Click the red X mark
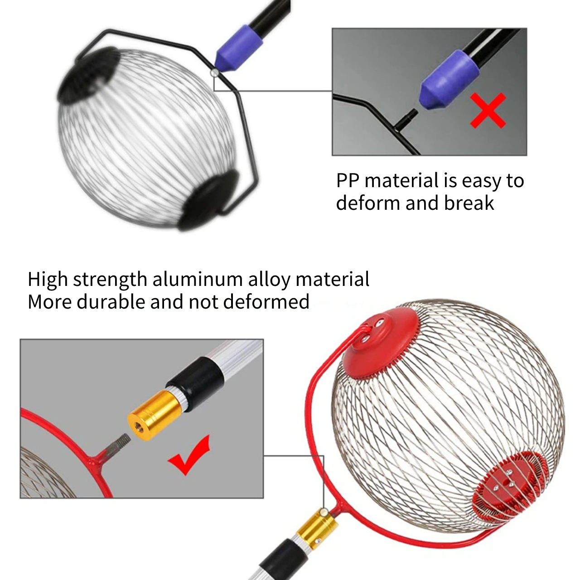click(488, 111)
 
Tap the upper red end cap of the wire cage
click(380, 343)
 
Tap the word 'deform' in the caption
click(368, 203)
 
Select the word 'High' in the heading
click(48, 279)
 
